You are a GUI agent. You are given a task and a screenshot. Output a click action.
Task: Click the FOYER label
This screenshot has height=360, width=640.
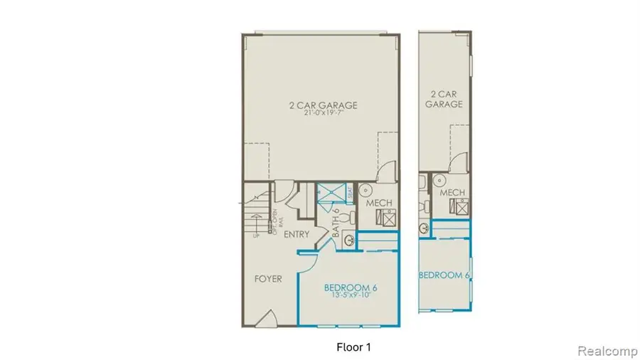click(x=268, y=279)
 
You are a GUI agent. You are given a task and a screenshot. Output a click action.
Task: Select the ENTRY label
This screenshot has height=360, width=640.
click(x=296, y=234)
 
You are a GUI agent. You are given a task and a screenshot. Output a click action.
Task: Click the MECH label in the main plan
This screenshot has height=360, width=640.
click(x=380, y=203)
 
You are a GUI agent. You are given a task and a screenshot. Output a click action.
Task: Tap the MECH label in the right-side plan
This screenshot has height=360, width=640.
click(x=452, y=193)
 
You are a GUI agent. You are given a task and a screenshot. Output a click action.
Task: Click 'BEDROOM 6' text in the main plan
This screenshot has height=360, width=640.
click(x=350, y=287)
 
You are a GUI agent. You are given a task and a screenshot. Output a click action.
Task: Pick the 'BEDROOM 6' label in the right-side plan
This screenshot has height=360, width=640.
click(x=446, y=275)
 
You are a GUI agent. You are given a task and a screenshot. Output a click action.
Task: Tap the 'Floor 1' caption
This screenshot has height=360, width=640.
click(x=353, y=347)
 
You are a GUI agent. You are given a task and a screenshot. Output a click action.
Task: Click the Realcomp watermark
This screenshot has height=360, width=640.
click(x=601, y=351)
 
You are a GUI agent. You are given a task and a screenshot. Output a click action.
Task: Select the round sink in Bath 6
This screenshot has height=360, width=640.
click(x=350, y=240)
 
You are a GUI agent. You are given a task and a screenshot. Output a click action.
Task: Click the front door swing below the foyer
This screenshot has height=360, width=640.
click(x=265, y=319)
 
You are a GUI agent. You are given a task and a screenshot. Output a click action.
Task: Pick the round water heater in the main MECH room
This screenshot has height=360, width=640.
click(x=366, y=190)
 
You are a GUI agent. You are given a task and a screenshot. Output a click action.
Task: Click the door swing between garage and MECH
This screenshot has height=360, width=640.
click(x=384, y=171)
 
